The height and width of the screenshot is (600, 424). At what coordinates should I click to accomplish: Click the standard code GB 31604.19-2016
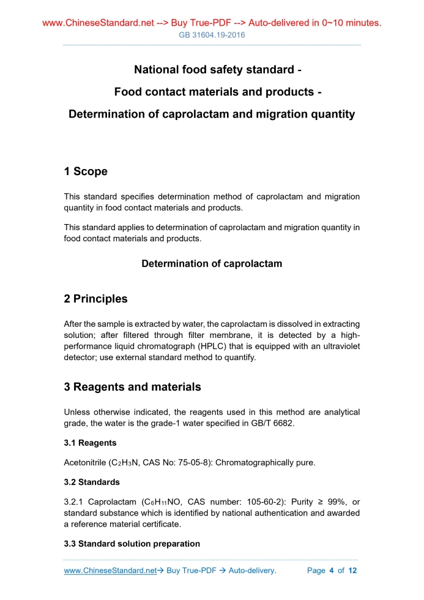click(212, 35)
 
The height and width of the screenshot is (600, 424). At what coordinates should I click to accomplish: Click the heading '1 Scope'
click(86, 171)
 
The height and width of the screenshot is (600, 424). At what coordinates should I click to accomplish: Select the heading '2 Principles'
click(95, 299)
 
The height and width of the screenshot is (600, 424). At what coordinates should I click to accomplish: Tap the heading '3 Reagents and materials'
click(132, 387)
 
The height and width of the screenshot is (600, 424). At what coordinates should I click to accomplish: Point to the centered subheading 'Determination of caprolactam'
click(212, 264)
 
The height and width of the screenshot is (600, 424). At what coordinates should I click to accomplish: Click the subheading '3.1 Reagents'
click(90, 443)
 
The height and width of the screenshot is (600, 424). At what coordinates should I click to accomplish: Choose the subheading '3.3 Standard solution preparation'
click(132, 544)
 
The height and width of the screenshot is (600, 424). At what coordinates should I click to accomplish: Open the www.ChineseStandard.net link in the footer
click(110, 571)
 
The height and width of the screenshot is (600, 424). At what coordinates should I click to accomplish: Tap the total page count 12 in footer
click(352, 571)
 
